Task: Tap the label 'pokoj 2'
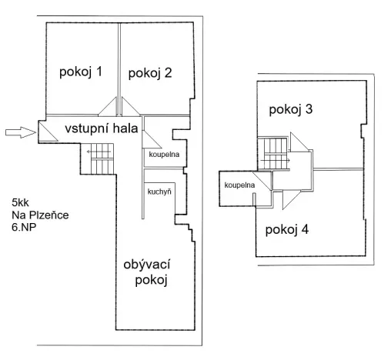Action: pyautogui.click(x=150, y=73)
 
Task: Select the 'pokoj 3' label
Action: pyautogui.click(x=290, y=109)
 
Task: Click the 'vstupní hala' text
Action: pyautogui.click(x=101, y=129)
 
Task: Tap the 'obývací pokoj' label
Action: pyautogui.click(x=146, y=272)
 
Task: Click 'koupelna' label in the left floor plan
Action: pyautogui.click(x=163, y=154)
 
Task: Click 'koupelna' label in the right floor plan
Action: pyautogui.click(x=239, y=185)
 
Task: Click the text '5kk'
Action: pyautogui.click(x=21, y=202)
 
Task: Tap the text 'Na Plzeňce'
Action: pyautogui.click(x=40, y=215)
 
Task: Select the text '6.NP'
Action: pyautogui.click(x=24, y=228)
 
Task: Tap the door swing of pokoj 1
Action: pyautogui.click(x=109, y=108)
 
